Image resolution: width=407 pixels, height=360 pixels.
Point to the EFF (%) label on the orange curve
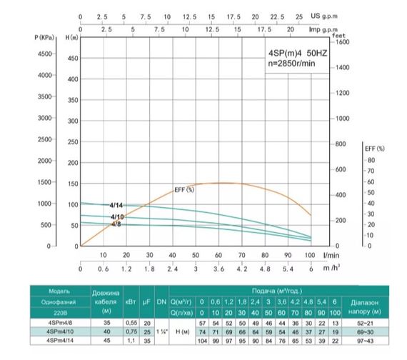coord(184,190)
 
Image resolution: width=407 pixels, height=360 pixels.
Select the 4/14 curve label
coord(117,205)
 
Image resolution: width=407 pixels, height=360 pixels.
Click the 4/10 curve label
coord(117,216)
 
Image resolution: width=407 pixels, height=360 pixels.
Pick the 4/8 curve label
coord(116,224)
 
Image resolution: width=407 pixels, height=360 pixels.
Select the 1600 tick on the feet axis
coord(343,42)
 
